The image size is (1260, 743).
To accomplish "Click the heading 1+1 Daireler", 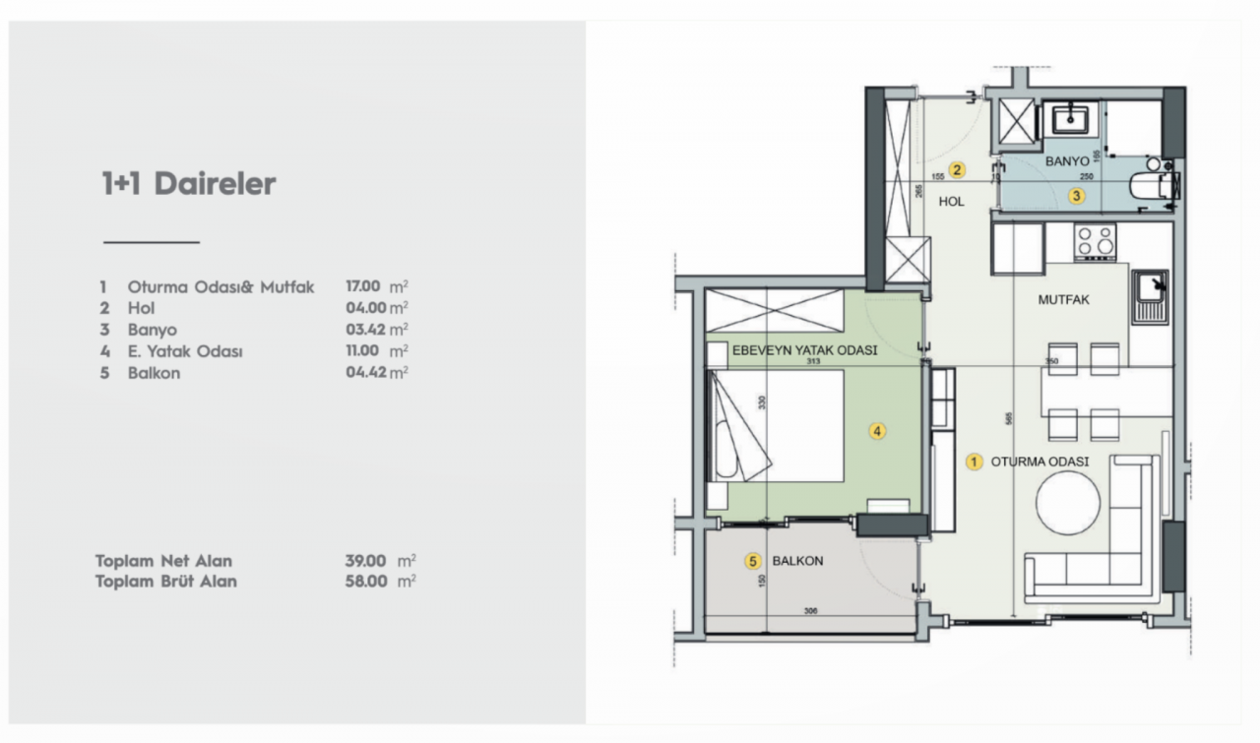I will click(x=188, y=184).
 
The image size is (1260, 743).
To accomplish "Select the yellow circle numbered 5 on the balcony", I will click(x=753, y=562).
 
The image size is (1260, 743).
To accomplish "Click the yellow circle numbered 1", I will click(x=975, y=462).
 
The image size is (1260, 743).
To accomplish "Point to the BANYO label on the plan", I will click(x=1067, y=160).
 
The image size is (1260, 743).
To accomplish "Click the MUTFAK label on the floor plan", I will click(x=1064, y=299).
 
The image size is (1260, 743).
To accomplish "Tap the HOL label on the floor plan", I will click(x=951, y=201).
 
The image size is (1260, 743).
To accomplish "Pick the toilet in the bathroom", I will click(x=1151, y=185).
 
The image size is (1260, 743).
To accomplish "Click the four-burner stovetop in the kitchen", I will click(x=1095, y=240).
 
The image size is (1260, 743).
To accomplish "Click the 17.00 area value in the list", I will click(x=363, y=287).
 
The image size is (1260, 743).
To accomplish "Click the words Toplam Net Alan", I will click(x=163, y=561).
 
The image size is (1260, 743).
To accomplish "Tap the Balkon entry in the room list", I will click(x=154, y=373).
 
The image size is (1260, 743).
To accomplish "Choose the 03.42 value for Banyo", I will click(x=363, y=330).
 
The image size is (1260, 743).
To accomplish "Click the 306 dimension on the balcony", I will click(x=810, y=611).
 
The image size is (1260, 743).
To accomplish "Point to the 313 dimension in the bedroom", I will click(x=813, y=362).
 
